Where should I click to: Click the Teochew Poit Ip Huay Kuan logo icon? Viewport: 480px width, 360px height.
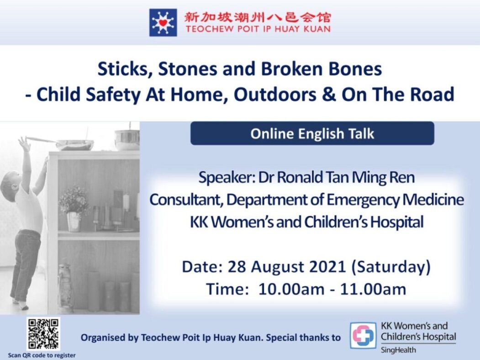tap(163, 22)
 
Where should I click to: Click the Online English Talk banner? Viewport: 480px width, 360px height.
tap(312, 133)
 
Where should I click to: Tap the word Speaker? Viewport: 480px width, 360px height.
tap(227, 178)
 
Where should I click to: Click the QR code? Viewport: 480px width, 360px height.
tap(43, 334)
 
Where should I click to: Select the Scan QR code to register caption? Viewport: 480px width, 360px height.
tap(42, 355)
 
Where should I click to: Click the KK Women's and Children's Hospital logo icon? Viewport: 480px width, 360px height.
tap(364, 335)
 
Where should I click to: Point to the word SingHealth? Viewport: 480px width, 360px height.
tap(398, 350)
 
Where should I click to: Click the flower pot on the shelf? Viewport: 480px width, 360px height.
tap(74, 222)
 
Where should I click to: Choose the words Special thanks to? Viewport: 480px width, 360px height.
tap(303, 337)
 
